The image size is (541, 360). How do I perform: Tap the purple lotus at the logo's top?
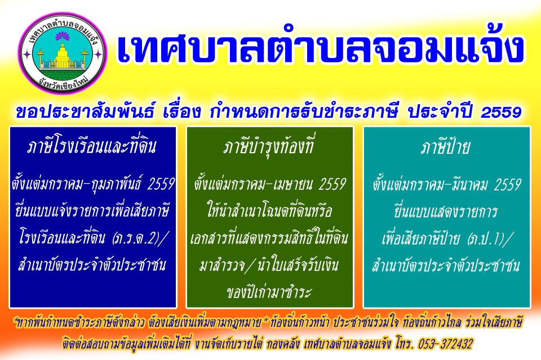63,35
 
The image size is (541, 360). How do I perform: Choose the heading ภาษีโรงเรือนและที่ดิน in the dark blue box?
92,146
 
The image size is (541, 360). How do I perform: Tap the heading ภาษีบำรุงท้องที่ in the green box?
268,146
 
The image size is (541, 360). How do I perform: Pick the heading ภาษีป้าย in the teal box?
445,147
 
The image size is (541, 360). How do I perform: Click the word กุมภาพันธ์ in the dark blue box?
115,184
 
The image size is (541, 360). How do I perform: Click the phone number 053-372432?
445,344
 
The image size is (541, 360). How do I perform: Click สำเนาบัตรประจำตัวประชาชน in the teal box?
446,265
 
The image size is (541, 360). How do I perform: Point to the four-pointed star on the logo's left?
26,55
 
